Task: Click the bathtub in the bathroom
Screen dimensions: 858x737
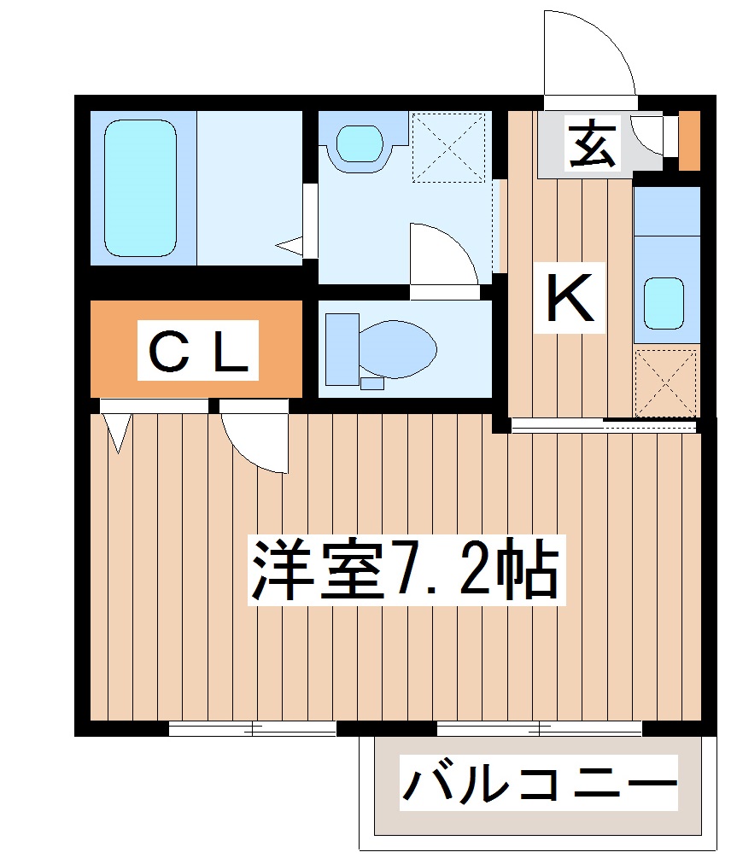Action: (x=141, y=188)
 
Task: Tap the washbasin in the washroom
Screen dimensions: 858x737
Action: (x=359, y=143)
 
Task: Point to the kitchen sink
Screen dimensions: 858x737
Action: (x=664, y=302)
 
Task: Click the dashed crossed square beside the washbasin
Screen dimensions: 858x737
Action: (x=448, y=146)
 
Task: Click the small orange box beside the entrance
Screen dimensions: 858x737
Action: (x=688, y=140)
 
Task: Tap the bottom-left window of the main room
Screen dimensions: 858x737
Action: (x=253, y=728)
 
